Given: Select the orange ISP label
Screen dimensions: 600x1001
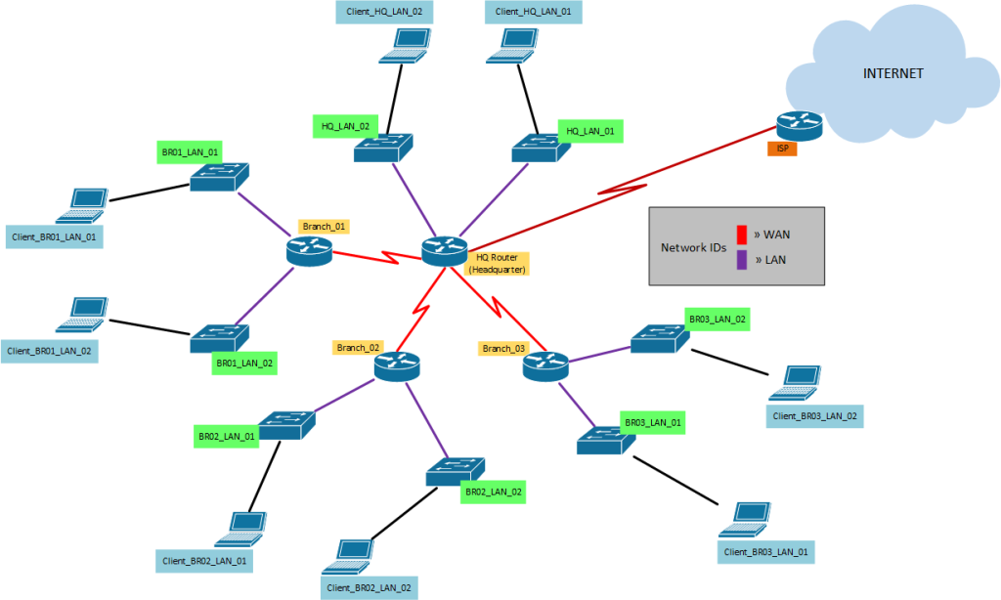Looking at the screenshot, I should (782, 150).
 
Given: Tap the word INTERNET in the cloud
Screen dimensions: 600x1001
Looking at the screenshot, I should (892, 74).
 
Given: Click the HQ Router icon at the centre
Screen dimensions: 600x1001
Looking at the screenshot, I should (445, 251).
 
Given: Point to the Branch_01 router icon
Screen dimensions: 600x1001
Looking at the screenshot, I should (310, 252).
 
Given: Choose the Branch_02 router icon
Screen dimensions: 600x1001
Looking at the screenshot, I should (396, 366).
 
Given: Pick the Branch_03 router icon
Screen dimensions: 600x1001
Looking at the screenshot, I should (545, 366).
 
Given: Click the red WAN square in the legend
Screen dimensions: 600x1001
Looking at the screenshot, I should (742, 236).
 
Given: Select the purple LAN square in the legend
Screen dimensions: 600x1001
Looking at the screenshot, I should (742, 259).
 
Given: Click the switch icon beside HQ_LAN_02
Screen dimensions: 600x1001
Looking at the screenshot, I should (384, 149).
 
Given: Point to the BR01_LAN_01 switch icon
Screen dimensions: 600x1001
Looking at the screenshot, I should (220, 176).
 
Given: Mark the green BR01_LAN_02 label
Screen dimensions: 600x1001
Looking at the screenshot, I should (244, 364).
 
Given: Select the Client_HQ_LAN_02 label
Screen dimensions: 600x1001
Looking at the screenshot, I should (384, 12).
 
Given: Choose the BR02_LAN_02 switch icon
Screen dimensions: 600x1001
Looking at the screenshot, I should (456, 473).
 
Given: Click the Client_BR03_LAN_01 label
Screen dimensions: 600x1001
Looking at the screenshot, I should (766, 552).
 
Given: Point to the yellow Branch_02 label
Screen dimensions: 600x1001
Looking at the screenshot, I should (358, 347).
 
